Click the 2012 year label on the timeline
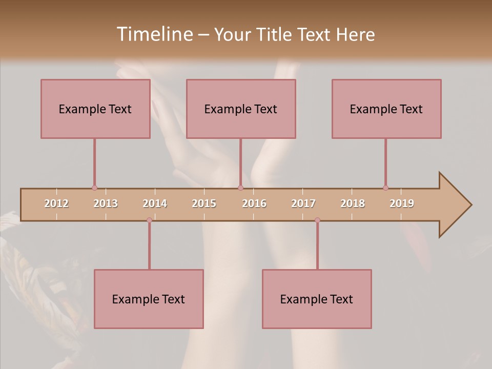pyautogui.click(x=56, y=203)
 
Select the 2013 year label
pyautogui.click(x=106, y=203)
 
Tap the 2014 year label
pyautogui.click(x=155, y=203)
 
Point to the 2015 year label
pyautogui.click(x=204, y=203)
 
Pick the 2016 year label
pyautogui.click(x=254, y=203)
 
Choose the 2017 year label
pyautogui.click(x=303, y=203)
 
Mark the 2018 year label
pyautogui.click(x=353, y=203)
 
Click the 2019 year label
pyautogui.click(x=402, y=203)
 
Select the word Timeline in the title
pyautogui.click(x=153, y=34)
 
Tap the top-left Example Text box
pyautogui.click(x=95, y=109)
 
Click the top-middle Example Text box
pyautogui.click(x=241, y=109)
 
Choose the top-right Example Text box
pyautogui.click(x=386, y=109)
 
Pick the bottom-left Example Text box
pyautogui.click(x=149, y=299)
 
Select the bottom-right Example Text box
pyautogui.click(x=317, y=299)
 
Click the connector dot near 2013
pyautogui.click(x=94, y=188)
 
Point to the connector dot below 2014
pyautogui.click(x=149, y=220)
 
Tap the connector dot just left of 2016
pyautogui.click(x=240, y=188)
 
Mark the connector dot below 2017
pyautogui.click(x=317, y=220)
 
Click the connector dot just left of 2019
pyautogui.click(x=385, y=188)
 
